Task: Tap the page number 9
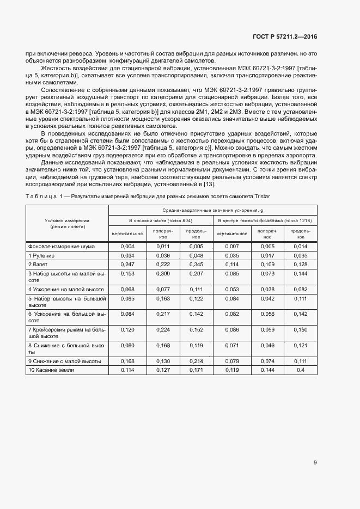[x=315, y=463]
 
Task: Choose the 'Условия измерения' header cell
[x=67, y=223]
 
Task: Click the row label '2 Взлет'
[x=38, y=264]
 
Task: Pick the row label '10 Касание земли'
[x=51, y=370]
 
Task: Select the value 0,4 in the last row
[x=300, y=370]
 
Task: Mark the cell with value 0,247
[x=126, y=264]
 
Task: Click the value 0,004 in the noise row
[x=126, y=247]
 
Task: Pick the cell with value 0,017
[x=266, y=255]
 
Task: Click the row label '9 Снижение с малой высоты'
[x=64, y=361]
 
